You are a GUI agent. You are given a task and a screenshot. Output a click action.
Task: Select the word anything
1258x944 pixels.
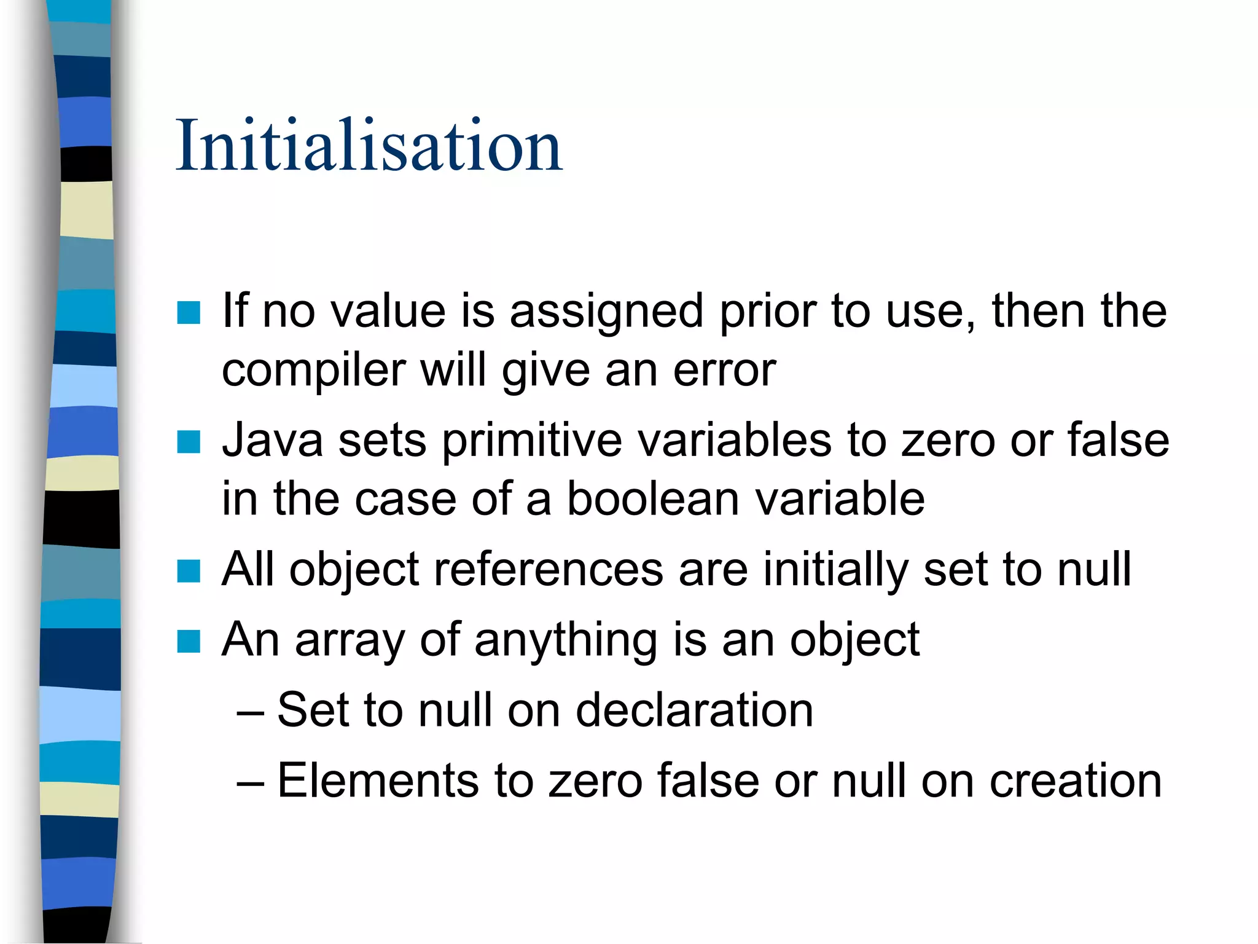click(x=566, y=640)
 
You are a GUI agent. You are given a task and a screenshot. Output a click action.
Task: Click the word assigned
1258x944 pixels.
click(x=606, y=311)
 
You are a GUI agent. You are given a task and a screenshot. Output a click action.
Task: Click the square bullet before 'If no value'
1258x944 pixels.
click(x=189, y=312)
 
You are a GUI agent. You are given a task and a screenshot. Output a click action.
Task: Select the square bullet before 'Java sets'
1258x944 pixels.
click(x=189, y=441)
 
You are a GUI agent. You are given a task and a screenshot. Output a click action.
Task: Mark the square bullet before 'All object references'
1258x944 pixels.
click(x=189, y=570)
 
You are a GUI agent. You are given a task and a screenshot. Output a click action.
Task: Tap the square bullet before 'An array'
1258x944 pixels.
click(x=189, y=641)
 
